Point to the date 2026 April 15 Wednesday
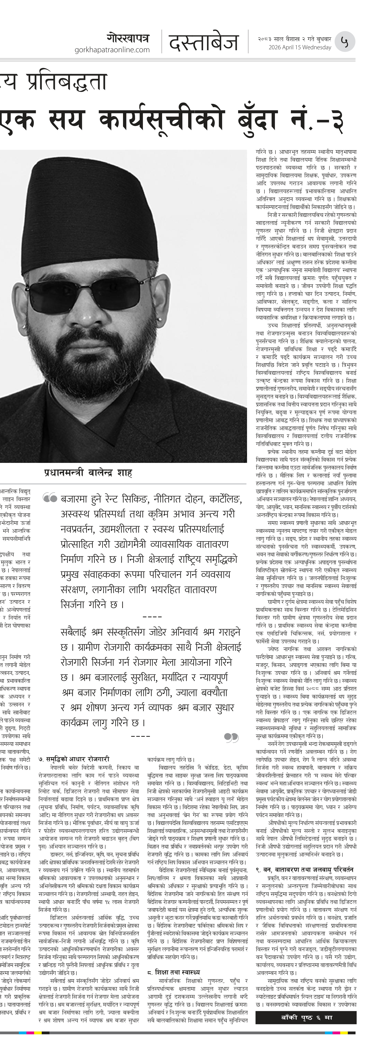(x=300, y=47)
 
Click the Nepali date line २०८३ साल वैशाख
(x=294, y=39)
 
